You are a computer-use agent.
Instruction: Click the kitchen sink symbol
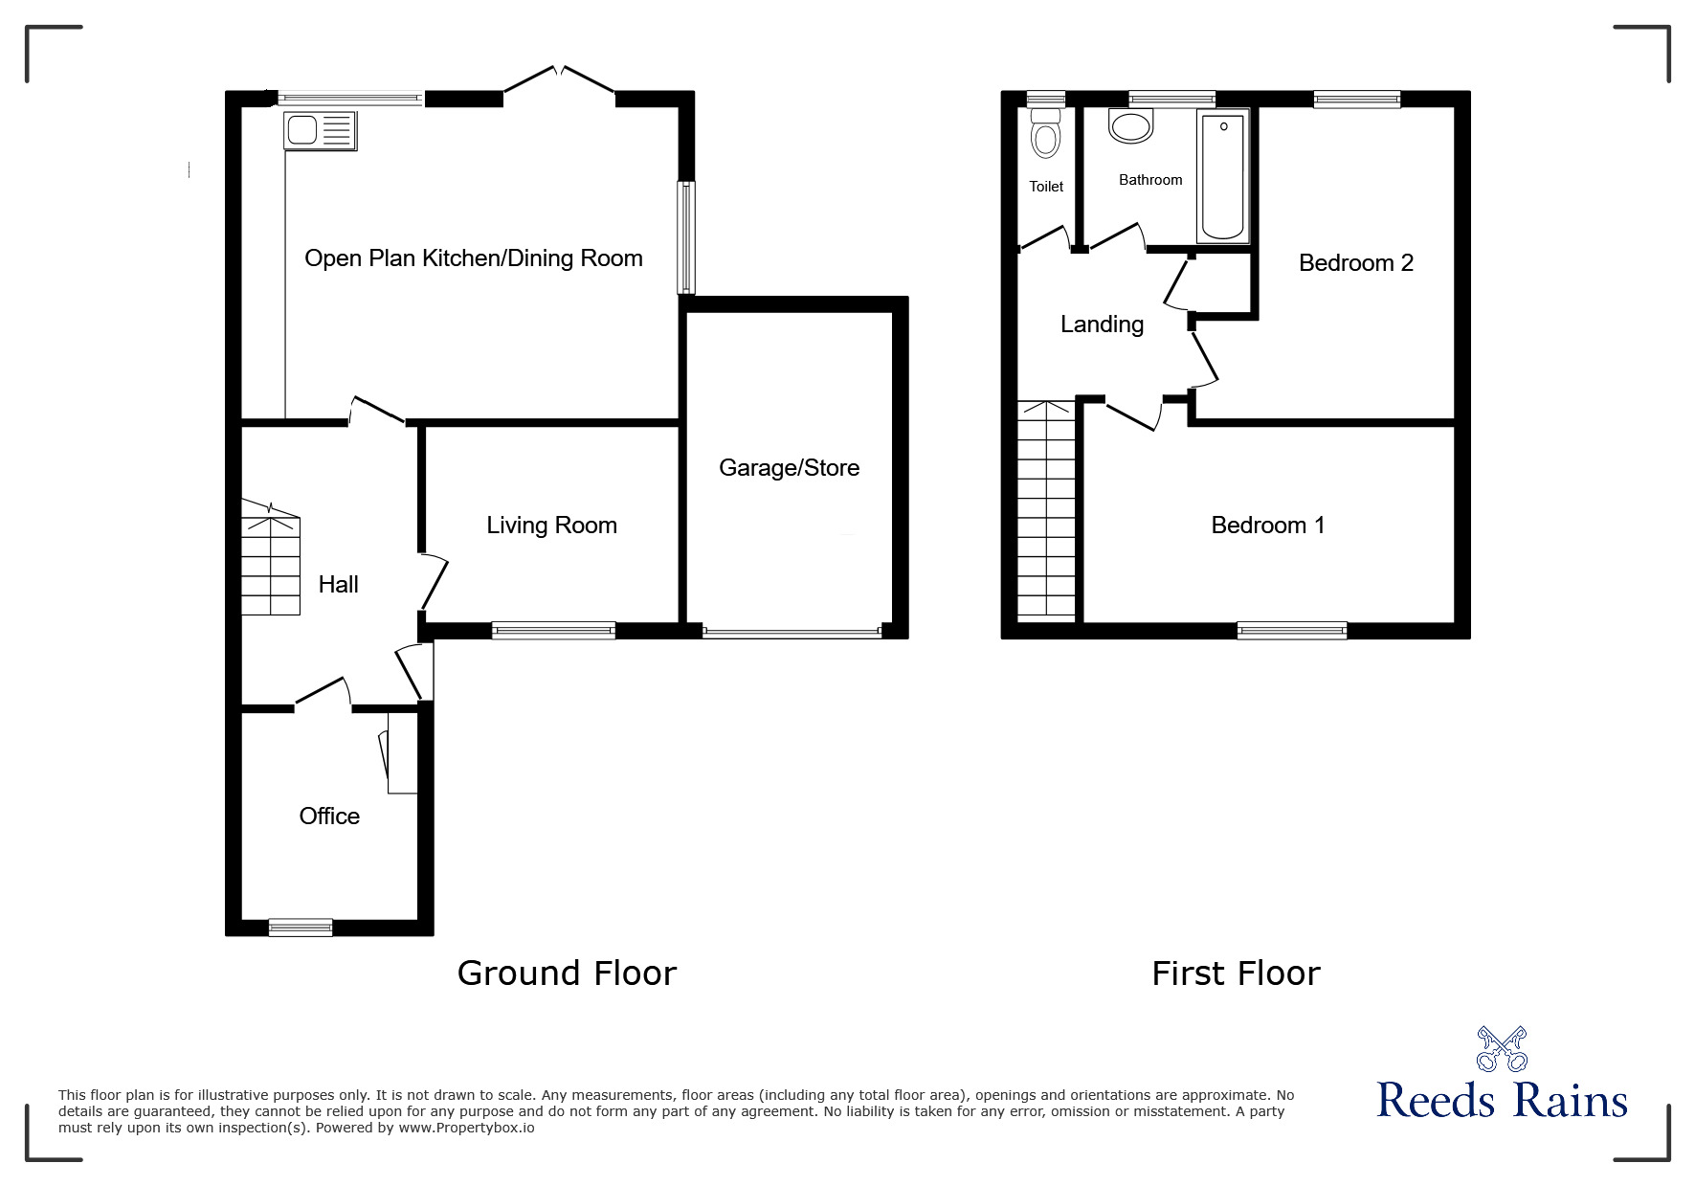pyautogui.click(x=320, y=129)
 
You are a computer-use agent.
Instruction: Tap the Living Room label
pyautogui.click(x=551, y=526)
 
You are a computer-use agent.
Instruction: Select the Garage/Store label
pyautogui.click(x=789, y=468)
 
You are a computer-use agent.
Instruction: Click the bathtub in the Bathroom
pyautogui.click(x=1222, y=176)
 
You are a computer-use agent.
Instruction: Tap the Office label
pyautogui.click(x=329, y=817)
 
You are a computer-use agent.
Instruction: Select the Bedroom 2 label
pyautogui.click(x=1355, y=263)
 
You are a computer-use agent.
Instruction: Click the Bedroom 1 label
pyautogui.click(x=1267, y=526)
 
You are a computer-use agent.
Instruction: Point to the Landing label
pyautogui.click(x=1102, y=324)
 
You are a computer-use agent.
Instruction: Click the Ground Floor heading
pyautogui.click(x=567, y=973)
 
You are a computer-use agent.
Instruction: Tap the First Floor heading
pyautogui.click(x=1236, y=973)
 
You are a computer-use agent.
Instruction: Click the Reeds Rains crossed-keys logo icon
pyautogui.click(x=1501, y=1049)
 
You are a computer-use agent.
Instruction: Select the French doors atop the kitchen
pyautogui.click(x=559, y=81)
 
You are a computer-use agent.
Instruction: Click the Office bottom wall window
pyautogui.click(x=301, y=927)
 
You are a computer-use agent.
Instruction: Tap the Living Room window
pyautogui.click(x=553, y=630)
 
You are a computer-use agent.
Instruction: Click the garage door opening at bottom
pyautogui.click(x=792, y=633)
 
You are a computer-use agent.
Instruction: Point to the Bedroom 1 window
pyautogui.click(x=1291, y=630)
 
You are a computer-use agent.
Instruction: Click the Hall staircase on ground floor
pyautogui.click(x=270, y=565)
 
